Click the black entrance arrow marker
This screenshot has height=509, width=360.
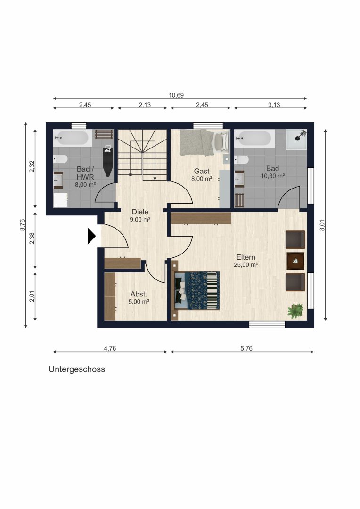coord(91,236)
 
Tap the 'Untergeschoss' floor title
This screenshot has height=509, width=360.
coord(77,369)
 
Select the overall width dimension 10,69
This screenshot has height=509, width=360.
coord(176,95)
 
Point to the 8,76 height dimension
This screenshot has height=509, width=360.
coord(23,225)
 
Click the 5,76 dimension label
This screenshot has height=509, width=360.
coord(246,348)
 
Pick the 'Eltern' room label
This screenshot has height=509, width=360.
coord(246,257)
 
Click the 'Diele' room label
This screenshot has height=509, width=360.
coord(140,212)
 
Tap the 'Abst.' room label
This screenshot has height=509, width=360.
coord(139,294)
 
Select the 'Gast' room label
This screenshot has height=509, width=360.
coord(202,171)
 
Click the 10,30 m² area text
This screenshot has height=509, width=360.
coord(273,176)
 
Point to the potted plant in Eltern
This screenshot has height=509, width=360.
coord(295,311)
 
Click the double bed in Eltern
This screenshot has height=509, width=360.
coord(196,290)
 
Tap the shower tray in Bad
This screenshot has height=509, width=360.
coord(296,139)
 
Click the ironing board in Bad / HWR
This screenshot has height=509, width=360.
coord(108,161)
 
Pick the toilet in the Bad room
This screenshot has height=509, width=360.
coord(242,160)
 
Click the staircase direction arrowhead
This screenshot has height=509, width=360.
coord(155,178)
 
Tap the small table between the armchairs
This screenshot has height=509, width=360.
coord(296,261)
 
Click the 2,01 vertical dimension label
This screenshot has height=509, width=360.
coord(32,296)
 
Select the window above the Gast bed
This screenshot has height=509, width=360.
coord(208,126)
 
